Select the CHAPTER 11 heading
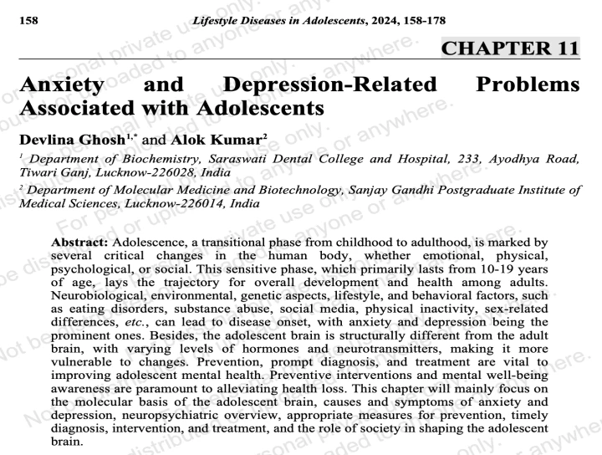click(510, 48)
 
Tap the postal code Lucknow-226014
click(172, 203)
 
